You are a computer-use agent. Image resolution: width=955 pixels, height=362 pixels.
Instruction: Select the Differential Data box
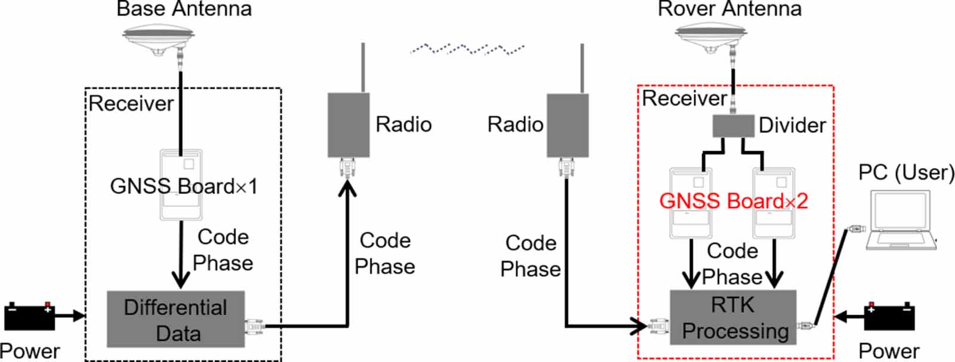pyautogui.click(x=175, y=319)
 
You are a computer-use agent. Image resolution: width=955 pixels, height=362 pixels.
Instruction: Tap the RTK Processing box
pyautogui.click(x=733, y=317)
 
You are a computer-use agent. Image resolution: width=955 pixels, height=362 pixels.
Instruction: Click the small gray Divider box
pyautogui.click(x=733, y=126)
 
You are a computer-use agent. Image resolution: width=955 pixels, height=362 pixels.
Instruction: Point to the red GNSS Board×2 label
pyautogui.click(x=734, y=201)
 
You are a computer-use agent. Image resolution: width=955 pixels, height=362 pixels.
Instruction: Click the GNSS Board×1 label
pyautogui.click(x=184, y=187)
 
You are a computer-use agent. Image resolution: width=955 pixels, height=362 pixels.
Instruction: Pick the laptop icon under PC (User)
pyautogui.click(x=901, y=219)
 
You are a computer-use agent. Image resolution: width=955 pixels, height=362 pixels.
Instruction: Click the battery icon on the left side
pyautogui.click(x=30, y=317)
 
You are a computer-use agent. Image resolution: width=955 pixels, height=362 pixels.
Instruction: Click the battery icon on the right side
pyautogui.click(x=889, y=317)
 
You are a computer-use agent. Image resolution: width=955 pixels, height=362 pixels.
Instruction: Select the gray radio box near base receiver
pyautogui.click(x=349, y=125)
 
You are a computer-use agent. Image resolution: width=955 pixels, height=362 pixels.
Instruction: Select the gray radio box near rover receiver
pyautogui.click(x=568, y=125)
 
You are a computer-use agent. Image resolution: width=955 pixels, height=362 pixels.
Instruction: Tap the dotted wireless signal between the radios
pyautogui.click(x=467, y=49)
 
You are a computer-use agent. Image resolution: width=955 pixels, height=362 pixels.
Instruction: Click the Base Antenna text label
pyautogui.click(x=184, y=9)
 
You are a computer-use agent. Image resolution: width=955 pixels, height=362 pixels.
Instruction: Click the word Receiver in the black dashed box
pyautogui.click(x=131, y=104)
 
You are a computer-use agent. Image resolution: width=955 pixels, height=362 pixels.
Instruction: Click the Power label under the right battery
pyautogui.click(x=889, y=351)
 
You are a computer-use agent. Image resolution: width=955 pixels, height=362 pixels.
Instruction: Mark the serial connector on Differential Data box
pyautogui.click(x=254, y=326)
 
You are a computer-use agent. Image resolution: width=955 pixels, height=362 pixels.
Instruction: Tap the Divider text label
pyautogui.click(x=792, y=125)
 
